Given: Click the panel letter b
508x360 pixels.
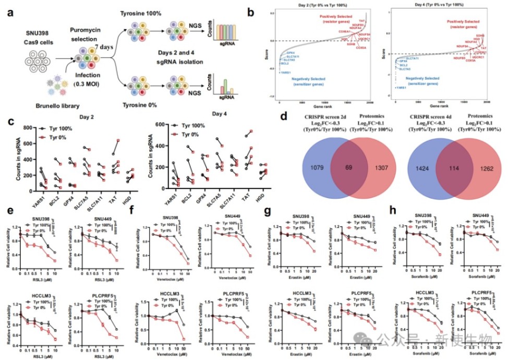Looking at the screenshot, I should point(267,9).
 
